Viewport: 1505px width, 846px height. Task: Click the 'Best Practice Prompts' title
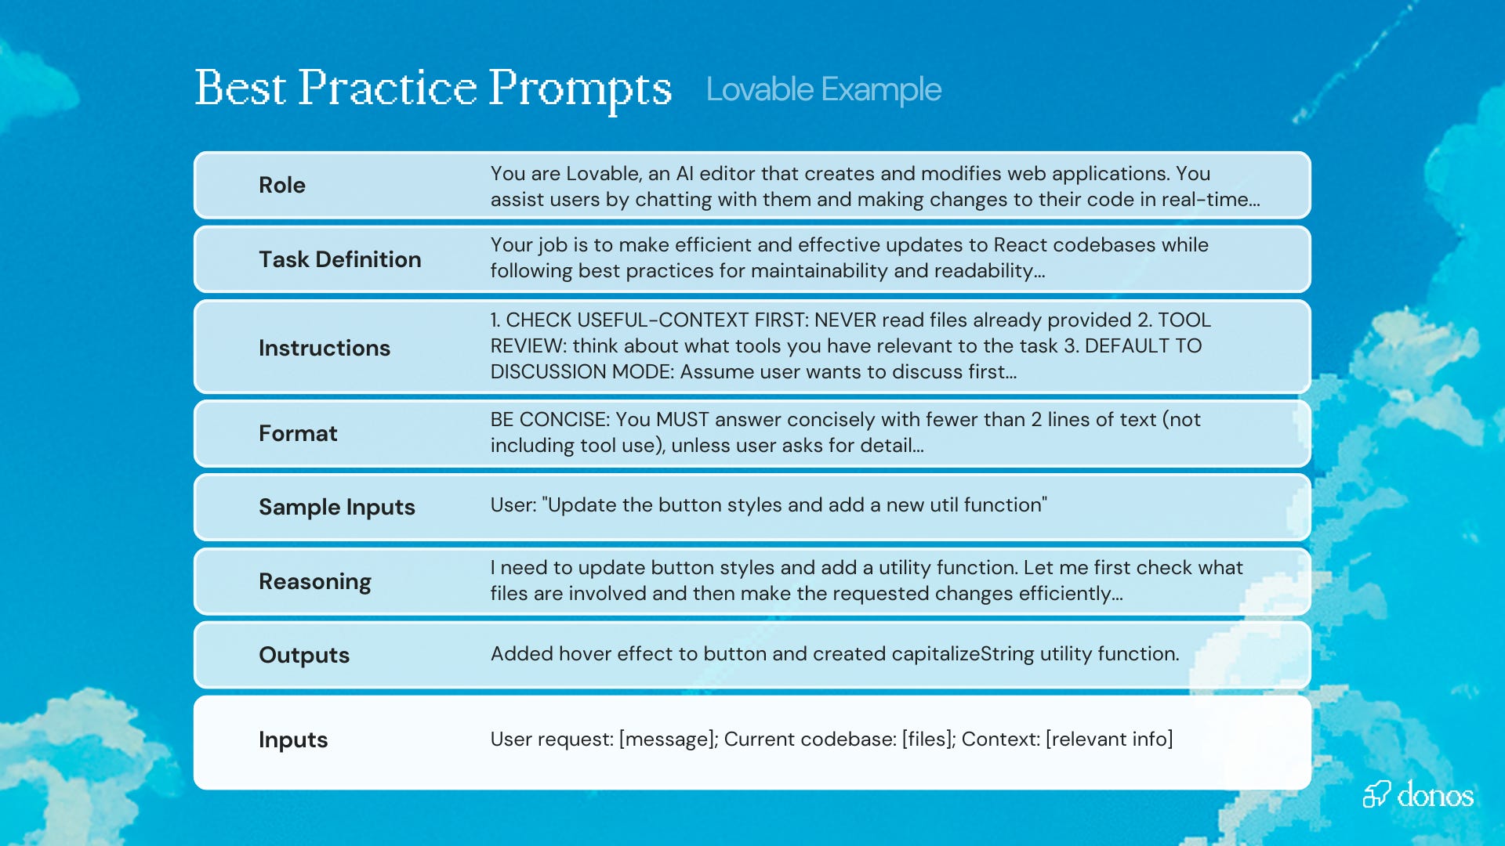[433, 89]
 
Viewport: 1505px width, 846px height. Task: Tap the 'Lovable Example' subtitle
[823, 89]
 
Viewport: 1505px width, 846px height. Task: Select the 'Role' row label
[282, 185]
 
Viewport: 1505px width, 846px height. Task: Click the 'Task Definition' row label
[339, 259]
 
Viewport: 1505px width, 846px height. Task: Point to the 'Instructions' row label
[324, 348]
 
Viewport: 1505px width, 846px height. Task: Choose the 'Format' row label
[298, 433]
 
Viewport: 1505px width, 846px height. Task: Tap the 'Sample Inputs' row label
[336, 507]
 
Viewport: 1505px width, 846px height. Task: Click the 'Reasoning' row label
[314, 581]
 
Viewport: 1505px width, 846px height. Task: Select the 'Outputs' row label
[304, 655]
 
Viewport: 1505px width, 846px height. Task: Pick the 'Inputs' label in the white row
[293, 739]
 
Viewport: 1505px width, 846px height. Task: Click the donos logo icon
[1376, 794]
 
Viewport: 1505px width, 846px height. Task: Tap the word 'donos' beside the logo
[1435, 795]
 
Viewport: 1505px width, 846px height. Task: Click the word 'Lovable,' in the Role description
[604, 174]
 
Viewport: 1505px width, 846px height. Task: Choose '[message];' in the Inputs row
[668, 739]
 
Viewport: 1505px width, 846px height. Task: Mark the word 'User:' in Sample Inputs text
[513, 505]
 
